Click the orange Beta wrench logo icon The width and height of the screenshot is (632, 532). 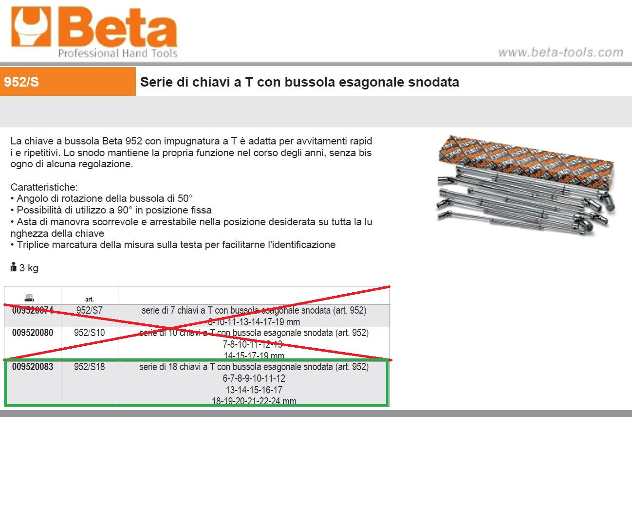coord(31,27)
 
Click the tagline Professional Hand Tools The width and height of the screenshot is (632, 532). coord(118,53)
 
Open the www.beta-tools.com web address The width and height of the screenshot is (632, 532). coord(560,53)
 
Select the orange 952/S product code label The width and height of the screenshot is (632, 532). coord(21,82)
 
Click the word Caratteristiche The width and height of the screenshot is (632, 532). coord(44,187)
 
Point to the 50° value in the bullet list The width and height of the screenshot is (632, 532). coord(185,198)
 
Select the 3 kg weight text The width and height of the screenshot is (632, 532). coord(29,268)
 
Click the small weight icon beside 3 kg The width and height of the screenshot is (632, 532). coord(13,267)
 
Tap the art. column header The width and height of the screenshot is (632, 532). coord(89,299)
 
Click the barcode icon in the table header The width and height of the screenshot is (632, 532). coord(29,298)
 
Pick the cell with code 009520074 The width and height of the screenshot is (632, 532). coord(33,310)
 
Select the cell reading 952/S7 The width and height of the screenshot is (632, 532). coord(90,310)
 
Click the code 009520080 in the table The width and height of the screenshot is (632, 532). coord(33,333)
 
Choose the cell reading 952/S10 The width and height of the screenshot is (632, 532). coord(90,333)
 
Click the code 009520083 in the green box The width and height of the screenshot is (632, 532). coord(33,367)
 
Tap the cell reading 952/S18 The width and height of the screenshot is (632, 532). coord(90,367)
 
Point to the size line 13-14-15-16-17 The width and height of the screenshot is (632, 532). coord(254,390)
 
